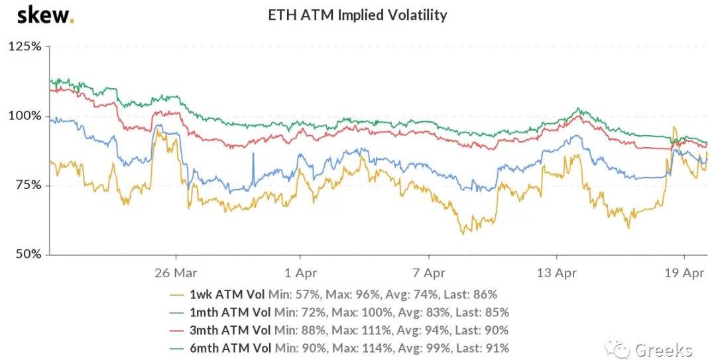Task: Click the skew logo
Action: (x=45, y=15)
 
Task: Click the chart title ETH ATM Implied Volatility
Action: (x=357, y=15)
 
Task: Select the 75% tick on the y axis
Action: (x=27, y=185)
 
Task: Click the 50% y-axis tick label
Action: (x=27, y=254)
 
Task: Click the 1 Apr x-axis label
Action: (x=300, y=272)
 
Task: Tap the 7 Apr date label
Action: (x=429, y=272)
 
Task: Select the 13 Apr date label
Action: (x=556, y=272)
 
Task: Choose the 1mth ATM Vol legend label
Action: (x=230, y=312)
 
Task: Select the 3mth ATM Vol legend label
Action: (x=230, y=330)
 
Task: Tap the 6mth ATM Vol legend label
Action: (x=230, y=348)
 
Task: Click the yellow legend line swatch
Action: (x=176, y=294)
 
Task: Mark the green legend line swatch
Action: (x=176, y=348)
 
